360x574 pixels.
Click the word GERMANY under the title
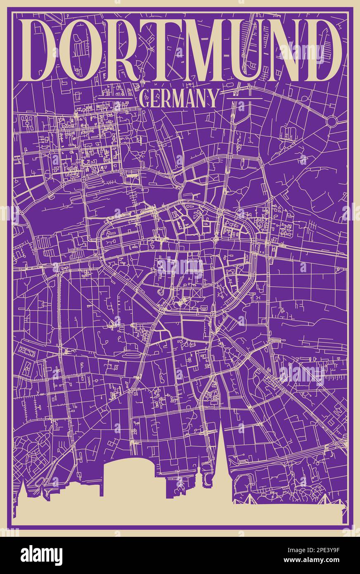click(x=179, y=99)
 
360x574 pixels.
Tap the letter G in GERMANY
click(x=145, y=99)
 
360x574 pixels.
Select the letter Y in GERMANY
click(x=211, y=99)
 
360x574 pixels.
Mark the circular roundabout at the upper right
click(x=332, y=121)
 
